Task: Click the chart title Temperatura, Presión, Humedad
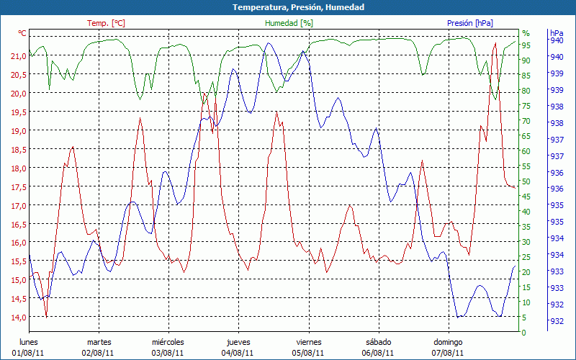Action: [288, 7]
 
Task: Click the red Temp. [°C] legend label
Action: [106, 23]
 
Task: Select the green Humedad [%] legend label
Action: [289, 23]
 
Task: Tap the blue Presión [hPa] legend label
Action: [469, 23]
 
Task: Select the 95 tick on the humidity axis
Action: [526, 45]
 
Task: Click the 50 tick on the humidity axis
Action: [526, 181]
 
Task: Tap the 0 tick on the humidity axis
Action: [524, 333]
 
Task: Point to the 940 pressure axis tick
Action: [557, 40]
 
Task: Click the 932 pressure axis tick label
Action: [557, 321]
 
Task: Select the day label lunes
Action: [28, 342]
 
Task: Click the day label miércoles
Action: [168, 342]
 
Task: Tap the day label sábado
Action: [378, 342]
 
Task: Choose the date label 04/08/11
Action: [238, 353]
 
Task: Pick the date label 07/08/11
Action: [448, 353]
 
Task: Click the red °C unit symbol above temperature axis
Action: [22, 33]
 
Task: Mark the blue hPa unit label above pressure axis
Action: [557, 33]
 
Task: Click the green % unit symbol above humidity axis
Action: [526, 33]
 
